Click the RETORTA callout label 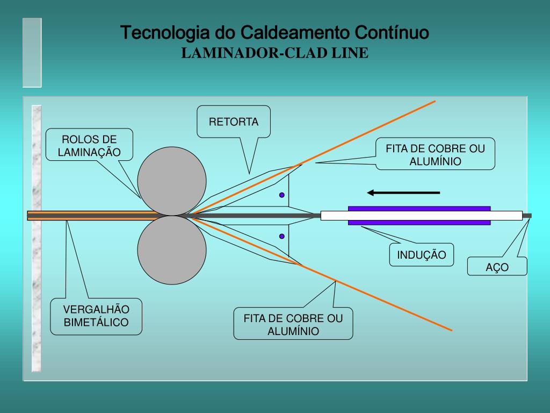point(234,122)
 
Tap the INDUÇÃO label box point(422,255)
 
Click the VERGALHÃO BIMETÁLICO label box point(96,316)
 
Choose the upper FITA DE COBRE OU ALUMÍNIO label point(435,155)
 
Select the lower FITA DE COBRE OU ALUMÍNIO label point(293,324)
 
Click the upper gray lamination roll point(172,180)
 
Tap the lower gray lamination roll point(172,250)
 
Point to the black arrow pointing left point(403,193)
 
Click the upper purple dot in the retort point(281,195)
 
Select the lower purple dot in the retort point(281,236)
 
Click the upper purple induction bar point(419,208)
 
